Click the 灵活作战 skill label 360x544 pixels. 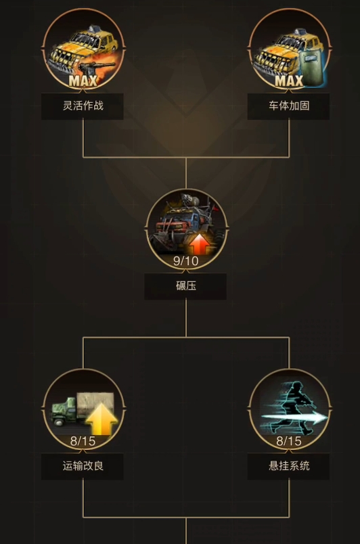(83, 106)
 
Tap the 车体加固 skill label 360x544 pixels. (289, 106)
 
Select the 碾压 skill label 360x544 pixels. (186, 286)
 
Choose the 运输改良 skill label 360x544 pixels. (83, 466)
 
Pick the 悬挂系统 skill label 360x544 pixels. (289, 466)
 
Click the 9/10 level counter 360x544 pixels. (186, 261)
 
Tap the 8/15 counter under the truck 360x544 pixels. (83, 441)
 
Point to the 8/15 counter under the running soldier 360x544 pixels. (289, 441)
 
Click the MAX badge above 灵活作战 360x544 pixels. (83, 81)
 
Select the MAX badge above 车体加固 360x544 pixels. (289, 81)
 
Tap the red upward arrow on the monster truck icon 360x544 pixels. (200, 244)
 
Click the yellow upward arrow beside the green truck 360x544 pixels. (102, 418)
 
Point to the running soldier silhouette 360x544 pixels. (295, 407)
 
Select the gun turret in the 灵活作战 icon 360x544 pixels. (95, 68)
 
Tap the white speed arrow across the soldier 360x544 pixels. (294, 417)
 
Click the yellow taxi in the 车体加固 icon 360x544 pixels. (284, 52)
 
